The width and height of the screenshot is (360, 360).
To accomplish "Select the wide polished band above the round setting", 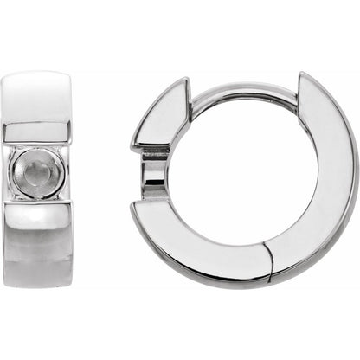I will coord(35,97).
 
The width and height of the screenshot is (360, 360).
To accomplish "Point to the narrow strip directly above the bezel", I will coord(35,132).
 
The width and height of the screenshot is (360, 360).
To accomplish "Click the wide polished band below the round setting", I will coord(35,242).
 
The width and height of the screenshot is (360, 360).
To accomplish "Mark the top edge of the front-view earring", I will coord(35,74).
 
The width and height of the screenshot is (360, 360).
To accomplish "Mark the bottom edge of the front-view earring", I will coord(35,286).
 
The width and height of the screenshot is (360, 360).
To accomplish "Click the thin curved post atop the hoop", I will coord(242,89).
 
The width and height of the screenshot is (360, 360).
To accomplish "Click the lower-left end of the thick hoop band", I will coord(138,212).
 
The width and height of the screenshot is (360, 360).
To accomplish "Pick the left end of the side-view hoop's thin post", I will coord(192,97).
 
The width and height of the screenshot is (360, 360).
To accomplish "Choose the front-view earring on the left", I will coord(35,179).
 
